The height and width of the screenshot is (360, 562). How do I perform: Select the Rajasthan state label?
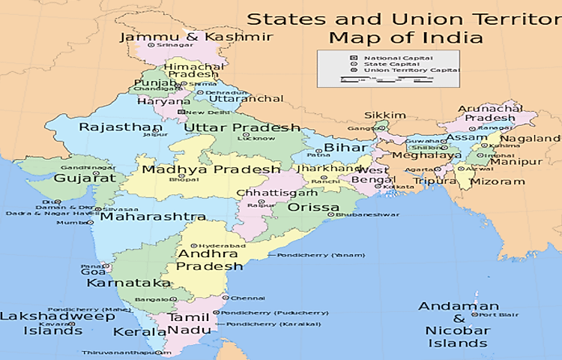(x=120, y=127)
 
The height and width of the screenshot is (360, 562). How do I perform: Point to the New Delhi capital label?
(x=205, y=112)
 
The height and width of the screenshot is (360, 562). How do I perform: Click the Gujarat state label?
(x=85, y=178)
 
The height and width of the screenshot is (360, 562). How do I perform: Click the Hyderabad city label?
(x=222, y=245)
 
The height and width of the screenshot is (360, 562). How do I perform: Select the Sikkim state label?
(x=384, y=115)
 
